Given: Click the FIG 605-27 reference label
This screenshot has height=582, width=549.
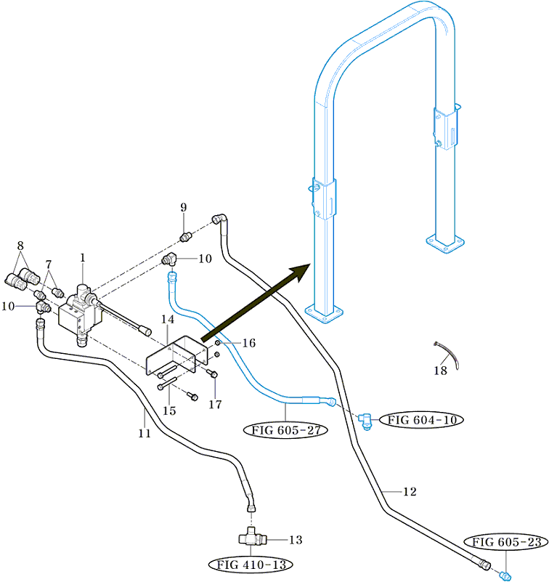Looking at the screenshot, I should click(287, 429).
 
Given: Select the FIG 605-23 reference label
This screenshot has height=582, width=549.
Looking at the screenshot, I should click(506, 541).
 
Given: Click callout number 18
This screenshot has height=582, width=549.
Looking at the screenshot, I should click(440, 371).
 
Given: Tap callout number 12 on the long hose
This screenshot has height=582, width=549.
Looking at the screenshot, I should click(410, 492).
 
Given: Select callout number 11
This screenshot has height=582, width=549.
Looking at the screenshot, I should click(145, 434).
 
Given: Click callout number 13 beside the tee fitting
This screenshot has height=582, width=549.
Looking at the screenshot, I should click(296, 540).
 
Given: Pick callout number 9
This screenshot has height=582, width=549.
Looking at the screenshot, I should click(184, 208).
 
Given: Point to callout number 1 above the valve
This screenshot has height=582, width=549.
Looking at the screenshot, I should click(83, 257).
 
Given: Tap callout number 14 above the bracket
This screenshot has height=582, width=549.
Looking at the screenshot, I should click(168, 320).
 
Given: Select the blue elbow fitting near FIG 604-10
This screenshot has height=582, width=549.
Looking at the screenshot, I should click(366, 421).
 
